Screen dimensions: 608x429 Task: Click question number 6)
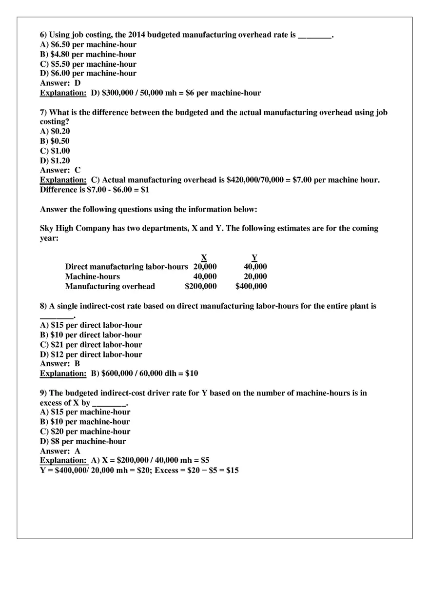click(43, 35)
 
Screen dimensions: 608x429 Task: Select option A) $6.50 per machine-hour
click(88, 45)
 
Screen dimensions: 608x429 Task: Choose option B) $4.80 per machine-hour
click(88, 55)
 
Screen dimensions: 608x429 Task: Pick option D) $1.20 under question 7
click(55, 161)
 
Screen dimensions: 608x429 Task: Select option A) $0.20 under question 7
click(55, 132)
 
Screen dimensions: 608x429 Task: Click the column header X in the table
click(204, 257)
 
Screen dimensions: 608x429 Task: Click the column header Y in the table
click(254, 257)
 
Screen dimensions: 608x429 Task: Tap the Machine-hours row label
click(93, 277)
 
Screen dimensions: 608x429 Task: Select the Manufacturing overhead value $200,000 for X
click(201, 287)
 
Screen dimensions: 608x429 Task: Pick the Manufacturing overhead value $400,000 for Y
click(251, 287)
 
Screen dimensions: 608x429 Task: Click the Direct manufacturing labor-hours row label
click(126, 267)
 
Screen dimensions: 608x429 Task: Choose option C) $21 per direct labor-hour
click(91, 345)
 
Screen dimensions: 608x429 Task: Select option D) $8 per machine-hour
click(83, 442)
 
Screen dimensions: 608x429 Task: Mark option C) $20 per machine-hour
click(85, 432)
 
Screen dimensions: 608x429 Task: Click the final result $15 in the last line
click(233, 471)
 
